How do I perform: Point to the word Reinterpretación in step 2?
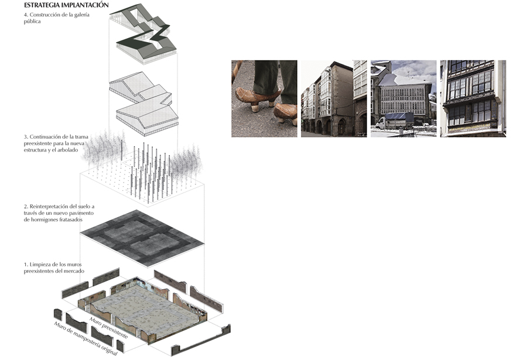pos(49,206)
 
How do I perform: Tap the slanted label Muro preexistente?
pos(108,328)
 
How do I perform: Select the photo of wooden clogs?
pos(264,98)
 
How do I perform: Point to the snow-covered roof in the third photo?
pos(405,80)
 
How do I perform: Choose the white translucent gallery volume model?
pos(143,104)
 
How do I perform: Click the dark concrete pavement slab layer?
pos(142,238)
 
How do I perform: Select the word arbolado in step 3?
pos(68,150)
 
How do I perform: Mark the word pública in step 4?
pos(32,21)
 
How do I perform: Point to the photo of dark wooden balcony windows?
pos(473,98)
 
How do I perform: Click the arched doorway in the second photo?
pos(341,127)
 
